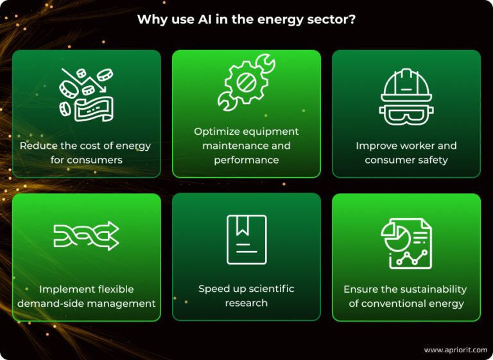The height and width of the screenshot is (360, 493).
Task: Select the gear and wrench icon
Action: (246, 82)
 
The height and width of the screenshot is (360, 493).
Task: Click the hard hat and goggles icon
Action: (406, 96)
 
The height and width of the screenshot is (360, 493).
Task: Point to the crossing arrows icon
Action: (87, 236)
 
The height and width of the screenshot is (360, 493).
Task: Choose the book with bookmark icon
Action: (246, 239)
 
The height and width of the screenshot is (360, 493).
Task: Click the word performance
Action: (246, 160)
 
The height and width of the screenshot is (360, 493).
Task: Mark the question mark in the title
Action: (352, 19)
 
